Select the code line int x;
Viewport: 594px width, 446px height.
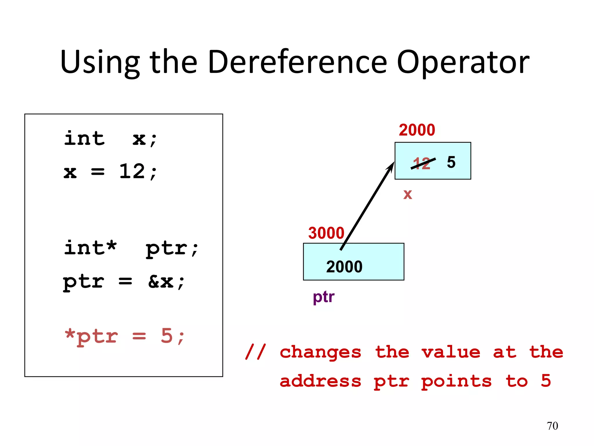(110, 139)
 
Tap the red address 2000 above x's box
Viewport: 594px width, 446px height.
(417, 130)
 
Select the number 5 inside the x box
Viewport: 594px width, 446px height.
(451, 162)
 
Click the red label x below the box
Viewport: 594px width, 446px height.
(408, 194)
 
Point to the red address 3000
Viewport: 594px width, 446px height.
(326, 233)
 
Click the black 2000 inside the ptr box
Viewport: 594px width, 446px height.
(344, 267)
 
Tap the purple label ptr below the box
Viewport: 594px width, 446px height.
(323, 297)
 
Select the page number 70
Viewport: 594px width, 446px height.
(552, 426)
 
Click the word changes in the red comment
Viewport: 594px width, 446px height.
(320, 352)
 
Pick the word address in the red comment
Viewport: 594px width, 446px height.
(320, 381)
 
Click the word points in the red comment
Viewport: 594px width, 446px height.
(456, 382)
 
